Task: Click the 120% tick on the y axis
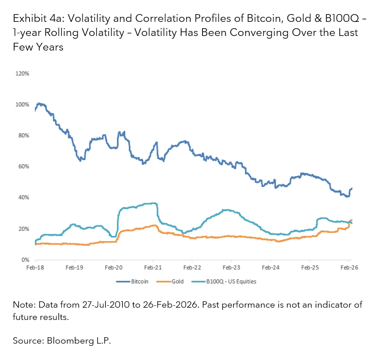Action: (x=23, y=73)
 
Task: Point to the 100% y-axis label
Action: (x=23, y=104)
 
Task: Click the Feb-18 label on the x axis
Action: (x=35, y=268)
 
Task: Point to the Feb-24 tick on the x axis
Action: (x=270, y=268)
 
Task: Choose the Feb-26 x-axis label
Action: (x=349, y=268)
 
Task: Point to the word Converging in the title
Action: (x=267, y=33)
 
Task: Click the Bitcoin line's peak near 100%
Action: (x=39, y=104)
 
